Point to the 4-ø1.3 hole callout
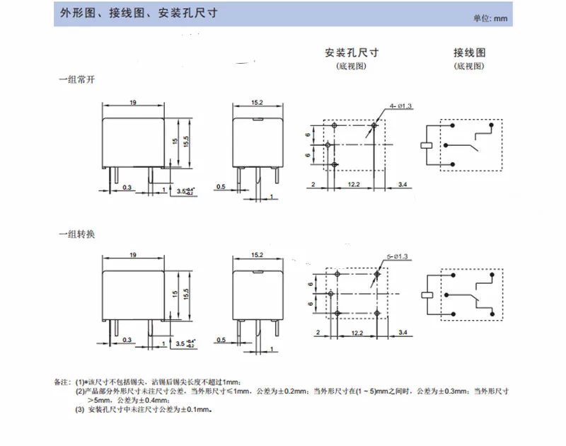click(x=400, y=106)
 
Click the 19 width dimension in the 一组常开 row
click(x=133, y=103)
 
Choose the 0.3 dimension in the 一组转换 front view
click(x=127, y=341)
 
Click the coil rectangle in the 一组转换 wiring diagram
click(x=427, y=295)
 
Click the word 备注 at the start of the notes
click(x=63, y=382)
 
